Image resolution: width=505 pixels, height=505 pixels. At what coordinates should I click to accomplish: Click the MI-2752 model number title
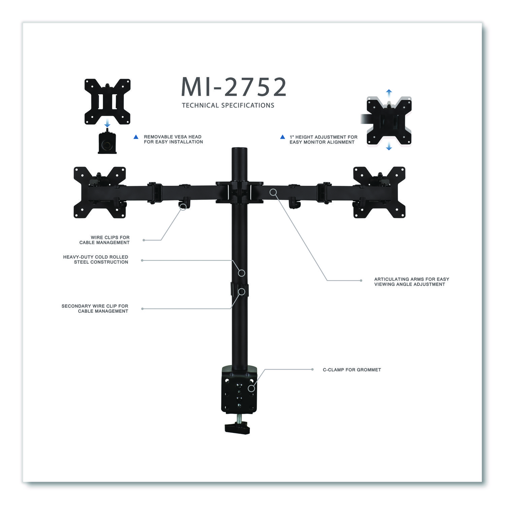[234, 87]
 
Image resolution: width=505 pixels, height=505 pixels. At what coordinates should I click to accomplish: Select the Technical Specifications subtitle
[228, 105]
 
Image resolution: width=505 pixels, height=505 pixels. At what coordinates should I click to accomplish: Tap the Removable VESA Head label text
[173, 139]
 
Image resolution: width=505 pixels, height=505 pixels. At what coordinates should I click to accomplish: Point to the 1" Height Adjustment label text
[323, 140]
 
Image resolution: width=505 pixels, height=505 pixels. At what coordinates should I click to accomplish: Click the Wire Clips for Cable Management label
[104, 240]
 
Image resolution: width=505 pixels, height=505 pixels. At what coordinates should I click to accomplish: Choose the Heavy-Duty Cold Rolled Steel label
[96, 260]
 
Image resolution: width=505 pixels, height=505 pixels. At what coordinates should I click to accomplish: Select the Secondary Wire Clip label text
[95, 309]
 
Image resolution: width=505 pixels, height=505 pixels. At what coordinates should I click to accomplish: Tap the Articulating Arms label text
[411, 282]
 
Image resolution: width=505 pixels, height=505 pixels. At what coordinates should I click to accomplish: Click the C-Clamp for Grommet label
[352, 370]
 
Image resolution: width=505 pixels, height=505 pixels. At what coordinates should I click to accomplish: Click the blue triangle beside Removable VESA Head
[136, 137]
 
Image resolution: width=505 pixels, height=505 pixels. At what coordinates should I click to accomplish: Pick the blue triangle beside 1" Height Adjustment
[282, 137]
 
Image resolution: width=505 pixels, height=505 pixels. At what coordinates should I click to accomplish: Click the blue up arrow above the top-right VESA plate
[389, 92]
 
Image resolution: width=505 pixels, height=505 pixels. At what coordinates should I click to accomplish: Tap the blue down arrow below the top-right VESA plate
[389, 146]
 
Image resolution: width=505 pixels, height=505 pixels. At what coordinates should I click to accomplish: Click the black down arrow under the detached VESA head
[107, 125]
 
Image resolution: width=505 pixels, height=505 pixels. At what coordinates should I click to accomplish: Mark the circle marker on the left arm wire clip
[183, 207]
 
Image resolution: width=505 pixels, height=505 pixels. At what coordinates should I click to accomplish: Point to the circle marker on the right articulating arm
[273, 192]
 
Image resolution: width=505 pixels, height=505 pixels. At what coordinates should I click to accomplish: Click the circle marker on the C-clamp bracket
[251, 389]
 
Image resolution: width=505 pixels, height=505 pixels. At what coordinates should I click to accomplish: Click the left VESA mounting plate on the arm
[100, 192]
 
